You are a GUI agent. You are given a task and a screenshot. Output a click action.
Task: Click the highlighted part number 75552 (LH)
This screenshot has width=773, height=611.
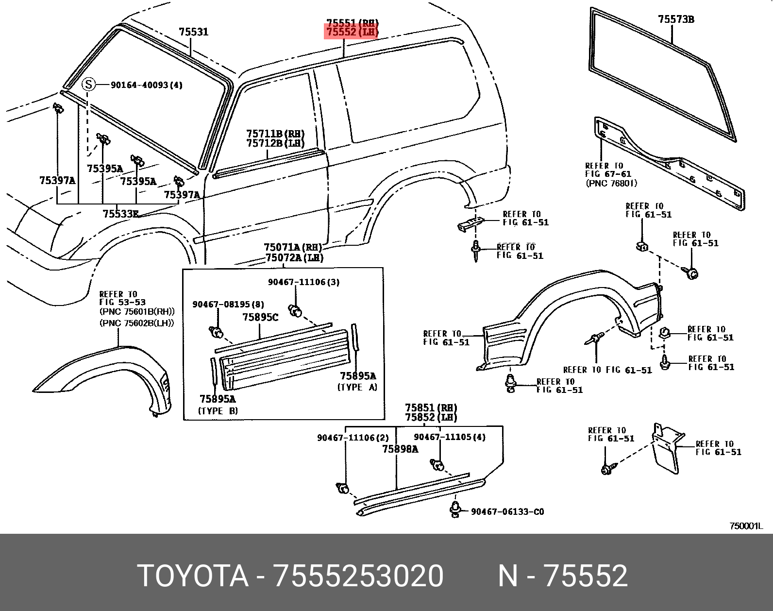point(352,32)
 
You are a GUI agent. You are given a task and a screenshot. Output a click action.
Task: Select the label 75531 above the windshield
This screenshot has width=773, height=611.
point(194,32)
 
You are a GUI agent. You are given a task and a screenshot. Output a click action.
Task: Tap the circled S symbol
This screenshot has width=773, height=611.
point(88,85)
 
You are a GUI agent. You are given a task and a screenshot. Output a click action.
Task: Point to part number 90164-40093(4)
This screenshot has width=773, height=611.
point(147,85)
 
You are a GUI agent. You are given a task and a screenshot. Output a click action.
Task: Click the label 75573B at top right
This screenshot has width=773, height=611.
point(676,19)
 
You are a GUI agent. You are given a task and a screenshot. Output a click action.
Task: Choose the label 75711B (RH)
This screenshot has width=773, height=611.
point(275,134)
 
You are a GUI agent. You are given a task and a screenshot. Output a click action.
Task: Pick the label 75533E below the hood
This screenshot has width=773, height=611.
point(121,213)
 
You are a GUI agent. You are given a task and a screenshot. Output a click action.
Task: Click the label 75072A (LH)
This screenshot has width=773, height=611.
point(294,257)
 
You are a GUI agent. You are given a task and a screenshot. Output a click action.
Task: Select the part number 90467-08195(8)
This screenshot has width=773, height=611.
point(228,304)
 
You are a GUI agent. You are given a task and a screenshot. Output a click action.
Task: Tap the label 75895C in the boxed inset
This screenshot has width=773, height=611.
point(260,317)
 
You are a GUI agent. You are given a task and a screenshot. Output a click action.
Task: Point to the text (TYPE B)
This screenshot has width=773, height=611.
point(218,411)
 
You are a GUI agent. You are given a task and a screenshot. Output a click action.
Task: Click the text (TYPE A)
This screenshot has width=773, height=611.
point(357,387)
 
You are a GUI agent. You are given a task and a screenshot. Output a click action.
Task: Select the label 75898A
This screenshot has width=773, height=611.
point(400,449)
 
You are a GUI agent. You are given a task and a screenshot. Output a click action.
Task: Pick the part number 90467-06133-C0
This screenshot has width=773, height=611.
point(507,511)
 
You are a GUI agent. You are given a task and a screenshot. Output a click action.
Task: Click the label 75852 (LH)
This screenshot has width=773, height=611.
point(431,417)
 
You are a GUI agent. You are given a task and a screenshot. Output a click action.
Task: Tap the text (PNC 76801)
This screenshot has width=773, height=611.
point(611,183)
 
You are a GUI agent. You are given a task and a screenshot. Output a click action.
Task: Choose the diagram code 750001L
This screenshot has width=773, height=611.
point(746,526)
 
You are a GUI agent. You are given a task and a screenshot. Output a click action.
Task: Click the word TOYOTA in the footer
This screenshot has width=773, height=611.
point(193,576)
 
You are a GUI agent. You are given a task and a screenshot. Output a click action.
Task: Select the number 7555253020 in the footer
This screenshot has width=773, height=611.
point(358,576)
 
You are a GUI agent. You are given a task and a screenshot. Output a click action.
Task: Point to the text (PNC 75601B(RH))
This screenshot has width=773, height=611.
point(137,312)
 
